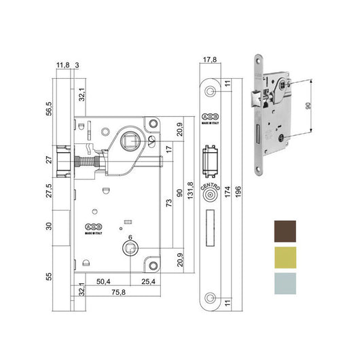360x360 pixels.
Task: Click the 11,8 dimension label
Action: (x=62, y=65)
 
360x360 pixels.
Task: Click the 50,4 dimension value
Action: (x=103, y=279)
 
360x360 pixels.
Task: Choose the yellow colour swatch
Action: (x=284, y=256)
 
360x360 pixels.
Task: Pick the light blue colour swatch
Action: (x=284, y=283)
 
